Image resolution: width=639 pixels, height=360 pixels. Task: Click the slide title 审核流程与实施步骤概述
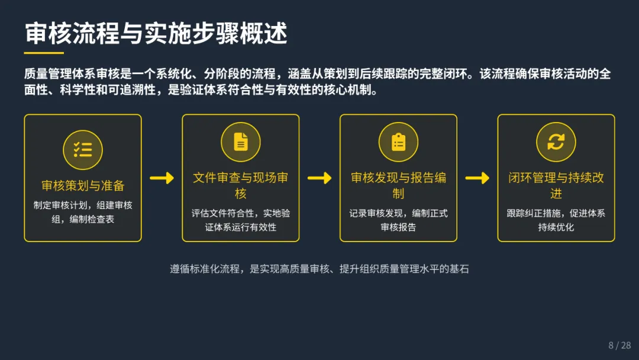[156, 34]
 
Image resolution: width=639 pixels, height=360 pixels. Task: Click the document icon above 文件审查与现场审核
[241, 142]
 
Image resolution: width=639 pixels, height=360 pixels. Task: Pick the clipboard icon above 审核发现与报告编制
[398, 142]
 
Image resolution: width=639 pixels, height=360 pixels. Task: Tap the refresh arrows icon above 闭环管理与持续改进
[556, 142]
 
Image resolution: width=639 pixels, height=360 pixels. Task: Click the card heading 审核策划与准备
[83, 186]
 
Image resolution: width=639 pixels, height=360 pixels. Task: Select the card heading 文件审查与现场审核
[241, 185]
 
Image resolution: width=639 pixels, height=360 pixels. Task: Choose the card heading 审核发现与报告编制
[398, 185]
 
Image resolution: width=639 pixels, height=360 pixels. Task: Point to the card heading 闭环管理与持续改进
[556, 185]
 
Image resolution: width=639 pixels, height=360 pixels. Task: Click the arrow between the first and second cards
[162, 178]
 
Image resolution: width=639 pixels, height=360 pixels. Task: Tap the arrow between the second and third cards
[319, 178]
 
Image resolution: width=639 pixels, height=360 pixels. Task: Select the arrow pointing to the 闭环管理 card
[477, 178]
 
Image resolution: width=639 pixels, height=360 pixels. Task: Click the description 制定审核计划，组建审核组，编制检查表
[83, 213]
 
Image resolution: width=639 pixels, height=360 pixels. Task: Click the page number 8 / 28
[619, 345]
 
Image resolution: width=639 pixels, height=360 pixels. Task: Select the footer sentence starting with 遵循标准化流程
[319, 269]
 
